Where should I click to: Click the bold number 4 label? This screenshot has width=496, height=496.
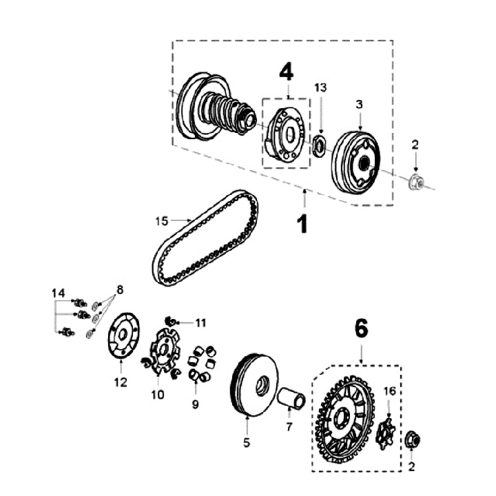pos(286,71)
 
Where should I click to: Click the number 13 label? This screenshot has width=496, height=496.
pos(321,87)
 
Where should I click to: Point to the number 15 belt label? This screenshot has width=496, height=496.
pos(161,221)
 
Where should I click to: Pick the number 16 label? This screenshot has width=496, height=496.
pos(389,391)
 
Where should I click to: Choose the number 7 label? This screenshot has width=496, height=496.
pos(289,426)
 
